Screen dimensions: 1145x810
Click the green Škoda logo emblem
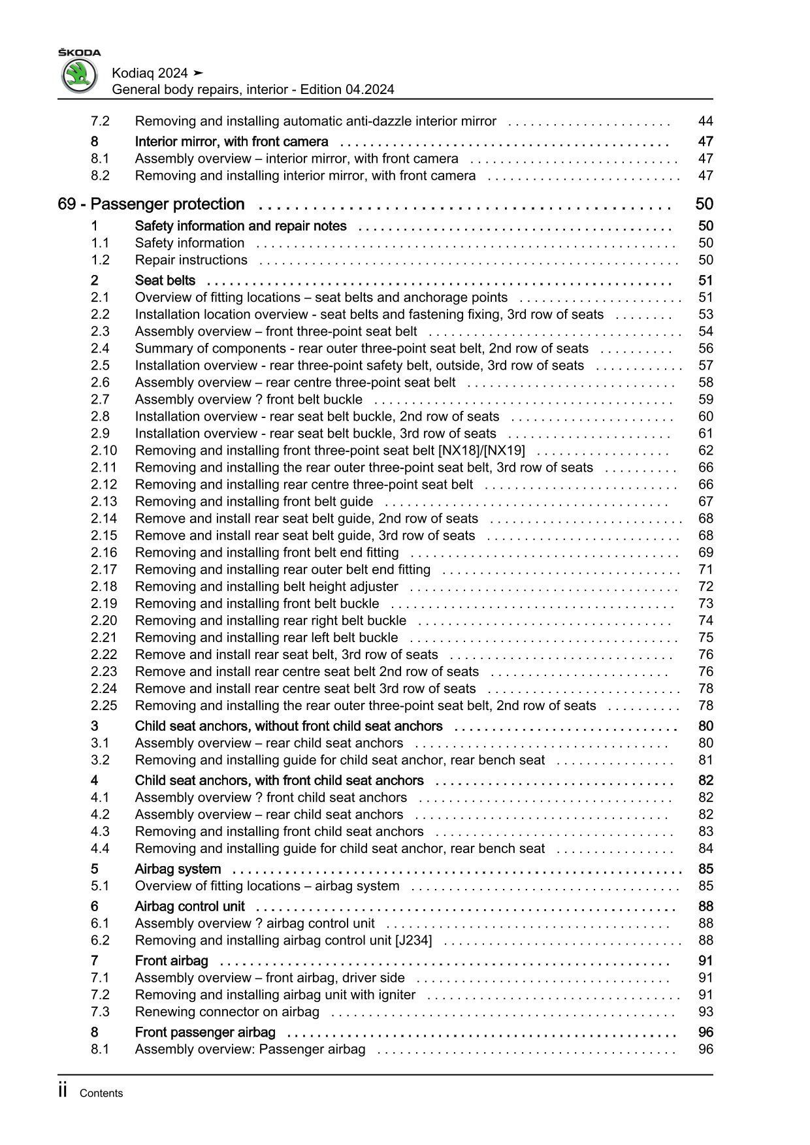pyautogui.click(x=79, y=76)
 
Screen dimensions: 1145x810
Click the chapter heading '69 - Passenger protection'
pyautogui.click(x=151, y=204)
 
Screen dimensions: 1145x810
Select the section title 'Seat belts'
pyautogui.click(x=165, y=280)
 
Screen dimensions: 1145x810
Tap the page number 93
pyautogui.click(x=705, y=1012)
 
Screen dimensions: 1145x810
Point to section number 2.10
pyautogui.click(x=104, y=451)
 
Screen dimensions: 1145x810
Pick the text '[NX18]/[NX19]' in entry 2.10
pyautogui.click(x=484, y=451)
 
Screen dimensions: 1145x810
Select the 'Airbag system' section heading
pyautogui.click(x=178, y=869)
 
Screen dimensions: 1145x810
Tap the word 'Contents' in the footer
pyautogui.click(x=101, y=1093)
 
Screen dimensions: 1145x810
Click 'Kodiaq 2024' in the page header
pyautogui.click(x=150, y=73)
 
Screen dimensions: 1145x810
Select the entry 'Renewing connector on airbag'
pyautogui.click(x=227, y=1012)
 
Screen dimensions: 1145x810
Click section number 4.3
pyautogui.click(x=100, y=831)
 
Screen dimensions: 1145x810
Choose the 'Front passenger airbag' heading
pyautogui.click(x=205, y=1032)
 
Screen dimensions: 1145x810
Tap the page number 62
pyautogui.click(x=705, y=451)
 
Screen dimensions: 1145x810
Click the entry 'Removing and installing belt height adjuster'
pyautogui.click(x=267, y=587)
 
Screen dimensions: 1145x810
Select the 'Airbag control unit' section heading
pyautogui.click(x=189, y=907)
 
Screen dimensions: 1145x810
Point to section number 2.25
pyautogui.click(x=104, y=705)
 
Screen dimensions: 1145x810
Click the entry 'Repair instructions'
pyautogui.click(x=191, y=260)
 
